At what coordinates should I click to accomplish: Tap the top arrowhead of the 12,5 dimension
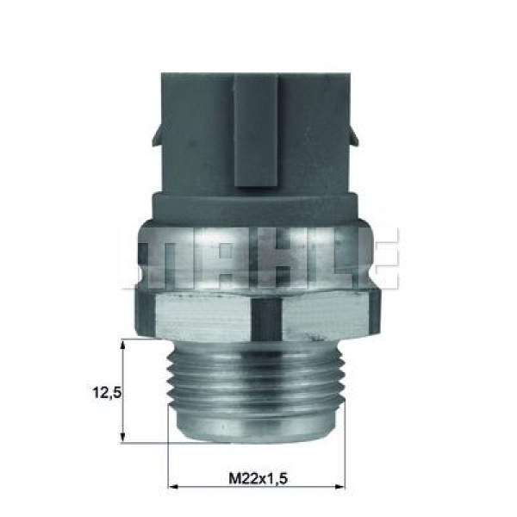pos(126,345)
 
